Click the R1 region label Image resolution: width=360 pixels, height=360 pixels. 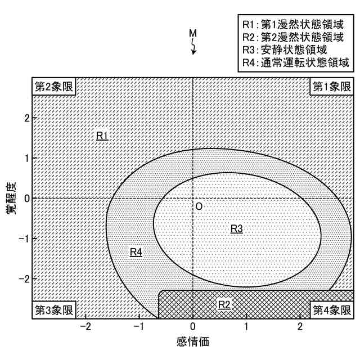[102, 136]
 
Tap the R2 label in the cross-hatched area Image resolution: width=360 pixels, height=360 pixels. [224, 304]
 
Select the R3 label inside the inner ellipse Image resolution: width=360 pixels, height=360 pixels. [237, 228]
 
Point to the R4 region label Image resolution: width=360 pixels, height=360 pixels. [136, 252]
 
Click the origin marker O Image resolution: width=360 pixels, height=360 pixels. [199, 207]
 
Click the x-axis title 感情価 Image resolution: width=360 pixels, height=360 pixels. [192, 341]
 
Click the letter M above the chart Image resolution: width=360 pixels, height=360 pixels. [192, 34]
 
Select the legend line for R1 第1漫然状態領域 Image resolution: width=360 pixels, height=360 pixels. [292, 25]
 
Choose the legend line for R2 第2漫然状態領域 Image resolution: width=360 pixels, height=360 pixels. [292, 38]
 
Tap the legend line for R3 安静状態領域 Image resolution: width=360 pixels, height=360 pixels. [287, 50]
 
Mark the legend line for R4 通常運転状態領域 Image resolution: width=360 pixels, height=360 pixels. [296, 62]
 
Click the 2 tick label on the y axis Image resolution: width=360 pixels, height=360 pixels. [26, 118]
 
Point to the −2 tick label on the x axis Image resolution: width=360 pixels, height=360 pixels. [85, 327]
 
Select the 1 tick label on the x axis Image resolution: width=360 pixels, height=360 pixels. [246, 327]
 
